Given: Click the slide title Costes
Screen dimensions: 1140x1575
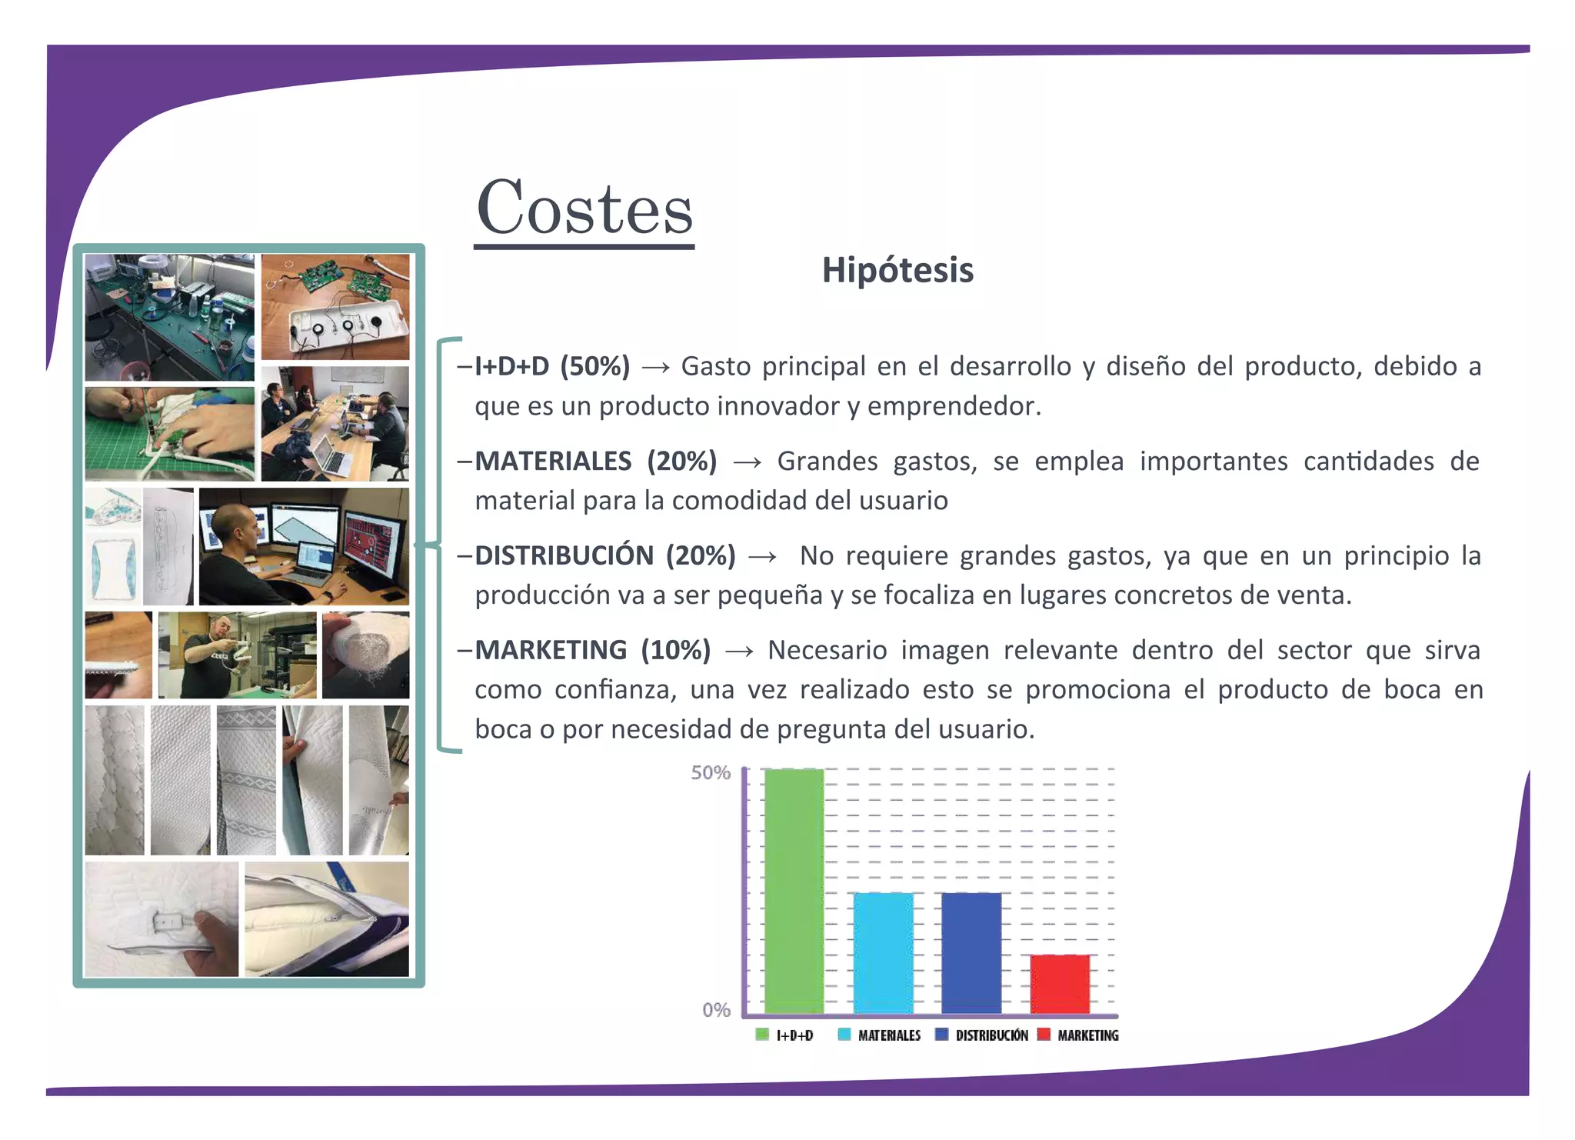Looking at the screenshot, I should click(x=584, y=208).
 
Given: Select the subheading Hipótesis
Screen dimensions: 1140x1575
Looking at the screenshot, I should click(x=897, y=271).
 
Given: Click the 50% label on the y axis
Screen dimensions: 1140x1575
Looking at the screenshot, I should click(x=710, y=772).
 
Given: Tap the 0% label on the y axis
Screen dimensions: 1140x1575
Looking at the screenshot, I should click(x=716, y=1010).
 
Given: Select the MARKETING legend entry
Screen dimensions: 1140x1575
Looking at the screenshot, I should click(x=1079, y=1035).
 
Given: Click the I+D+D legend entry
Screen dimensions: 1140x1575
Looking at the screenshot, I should click(x=785, y=1035).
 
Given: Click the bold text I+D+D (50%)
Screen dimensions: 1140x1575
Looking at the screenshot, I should click(x=552, y=366).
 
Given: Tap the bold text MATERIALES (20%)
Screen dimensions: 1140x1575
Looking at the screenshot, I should click(x=596, y=461).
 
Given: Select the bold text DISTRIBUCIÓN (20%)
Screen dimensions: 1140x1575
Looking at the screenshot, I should click(x=605, y=555).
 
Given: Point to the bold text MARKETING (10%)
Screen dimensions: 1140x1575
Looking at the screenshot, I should click(x=593, y=650).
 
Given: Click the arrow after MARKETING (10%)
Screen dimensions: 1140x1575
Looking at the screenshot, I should click(x=739, y=652).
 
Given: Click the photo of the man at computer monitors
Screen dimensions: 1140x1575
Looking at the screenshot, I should click(x=304, y=546).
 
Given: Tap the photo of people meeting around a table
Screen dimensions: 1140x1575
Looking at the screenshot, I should click(x=335, y=424).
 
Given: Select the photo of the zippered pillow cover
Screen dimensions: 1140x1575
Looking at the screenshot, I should click(x=327, y=918).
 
